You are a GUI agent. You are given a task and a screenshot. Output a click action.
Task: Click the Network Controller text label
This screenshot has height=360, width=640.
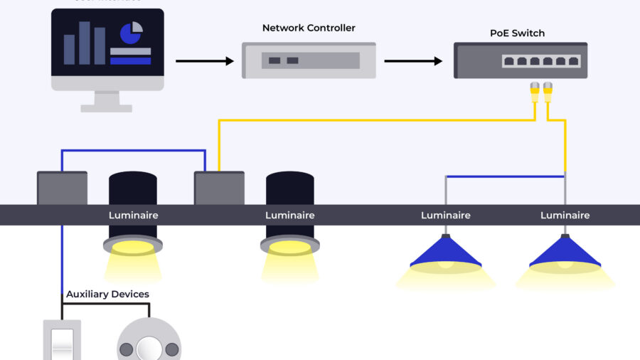[x=309, y=28]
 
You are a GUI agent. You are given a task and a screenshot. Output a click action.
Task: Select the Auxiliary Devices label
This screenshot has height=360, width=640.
[x=107, y=294]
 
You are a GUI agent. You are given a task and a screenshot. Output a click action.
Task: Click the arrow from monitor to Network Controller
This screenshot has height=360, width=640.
[x=205, y=61]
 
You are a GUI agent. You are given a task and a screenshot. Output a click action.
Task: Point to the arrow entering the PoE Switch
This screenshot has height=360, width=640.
[x=413, y=61]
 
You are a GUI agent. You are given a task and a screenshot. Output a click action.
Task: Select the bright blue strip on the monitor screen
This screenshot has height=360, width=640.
[x=130, y=61]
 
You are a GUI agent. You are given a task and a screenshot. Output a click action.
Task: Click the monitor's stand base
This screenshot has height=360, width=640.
[x=107, y=108]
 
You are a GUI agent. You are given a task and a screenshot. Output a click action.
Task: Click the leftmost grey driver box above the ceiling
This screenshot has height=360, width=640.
[x=62, y=188]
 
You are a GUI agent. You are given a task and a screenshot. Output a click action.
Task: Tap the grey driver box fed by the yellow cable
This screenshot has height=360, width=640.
[x=219, y=188]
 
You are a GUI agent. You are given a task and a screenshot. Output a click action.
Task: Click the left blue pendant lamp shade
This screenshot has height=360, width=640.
[x=446, y=253]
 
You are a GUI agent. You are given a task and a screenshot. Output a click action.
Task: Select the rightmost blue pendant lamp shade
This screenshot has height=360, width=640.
[x=565, y=253]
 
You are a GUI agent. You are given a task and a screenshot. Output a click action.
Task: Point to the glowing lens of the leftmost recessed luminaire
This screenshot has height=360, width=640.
[x=132, y=247]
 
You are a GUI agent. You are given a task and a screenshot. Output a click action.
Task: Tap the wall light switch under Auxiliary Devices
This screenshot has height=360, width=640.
[x=62, y=341]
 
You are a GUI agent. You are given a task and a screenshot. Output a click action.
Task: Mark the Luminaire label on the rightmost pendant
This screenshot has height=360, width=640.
[x=565, y=216]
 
